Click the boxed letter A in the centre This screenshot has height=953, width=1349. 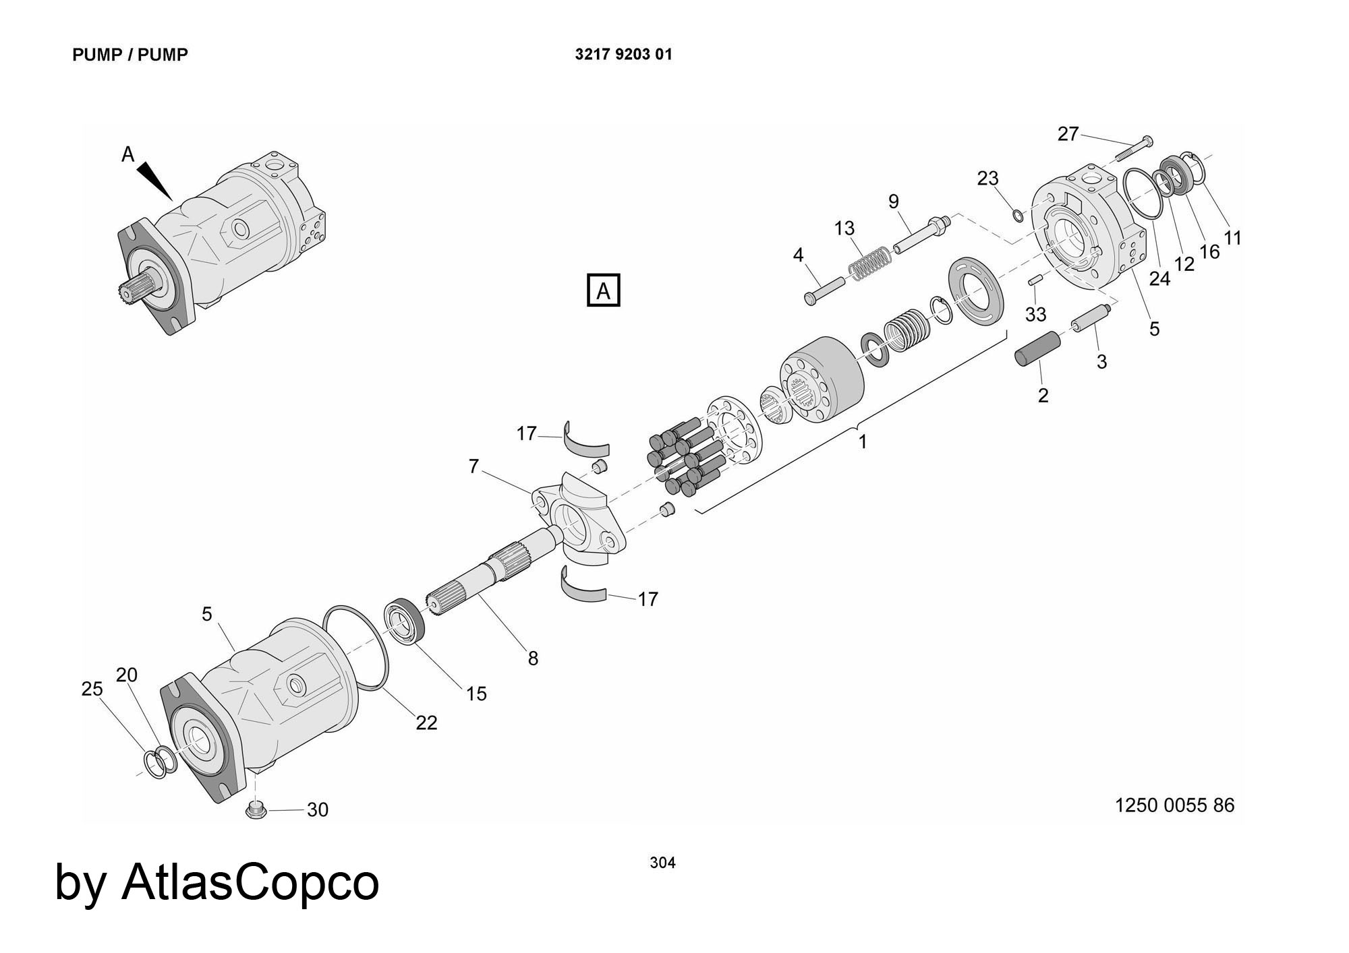[x=604, y=291]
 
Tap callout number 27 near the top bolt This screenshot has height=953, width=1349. [x=1068, y=134]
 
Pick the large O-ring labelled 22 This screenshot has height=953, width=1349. [x=357, y=646]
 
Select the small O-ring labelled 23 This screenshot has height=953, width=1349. [x=1018, y=215]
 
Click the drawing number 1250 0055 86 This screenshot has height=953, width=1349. [x=1174, y=805]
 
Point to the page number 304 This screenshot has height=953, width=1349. [x=662, y=863]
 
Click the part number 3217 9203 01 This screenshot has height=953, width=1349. [x=623, y=55]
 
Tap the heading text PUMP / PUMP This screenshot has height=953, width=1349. [x=130, y=55]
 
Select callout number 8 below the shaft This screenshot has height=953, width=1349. [x=533, y=658]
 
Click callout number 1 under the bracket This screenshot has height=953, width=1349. [x=862, y=442]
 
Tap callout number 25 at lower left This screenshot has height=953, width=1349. [x=92, y=689]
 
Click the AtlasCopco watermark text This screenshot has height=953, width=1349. [x=217, y=882]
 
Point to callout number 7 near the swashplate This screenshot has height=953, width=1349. [x=473, y=466]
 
